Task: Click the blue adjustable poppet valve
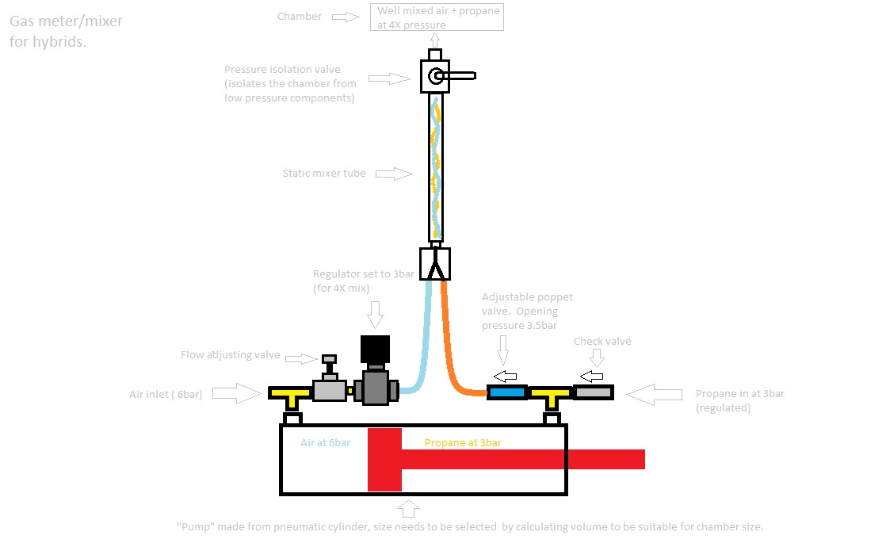[507, 392]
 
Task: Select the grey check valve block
[594, 392]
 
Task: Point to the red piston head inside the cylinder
[385, 459]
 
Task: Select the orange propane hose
[451, 349]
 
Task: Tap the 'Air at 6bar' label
[325, 442]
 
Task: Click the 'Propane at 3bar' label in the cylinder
[463, 442]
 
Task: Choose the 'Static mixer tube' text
[324, 173]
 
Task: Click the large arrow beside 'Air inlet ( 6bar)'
[237, 392]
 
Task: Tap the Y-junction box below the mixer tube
[434, 264]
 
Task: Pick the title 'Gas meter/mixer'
[66, 21]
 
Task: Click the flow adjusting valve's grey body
[330, 390]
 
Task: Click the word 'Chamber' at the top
[300, 16]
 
